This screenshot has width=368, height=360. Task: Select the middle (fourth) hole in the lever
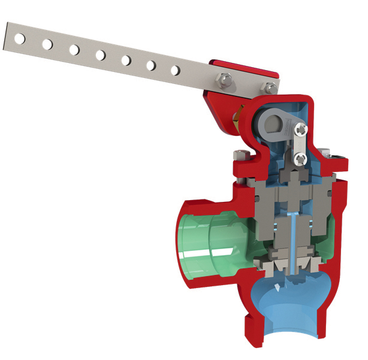pos(100,55)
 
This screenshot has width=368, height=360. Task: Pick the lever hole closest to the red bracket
pos(175,70)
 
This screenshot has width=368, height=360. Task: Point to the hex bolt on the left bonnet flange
pos(239,157)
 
